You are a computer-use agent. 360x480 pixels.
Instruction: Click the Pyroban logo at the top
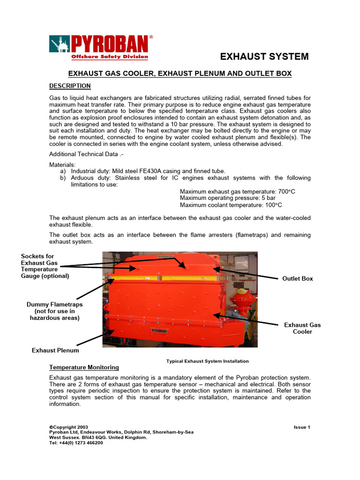(x=101, y=47)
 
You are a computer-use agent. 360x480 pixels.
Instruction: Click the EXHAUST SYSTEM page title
(x=264, y=57)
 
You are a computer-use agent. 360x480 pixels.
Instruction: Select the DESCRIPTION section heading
(x=70, y=86)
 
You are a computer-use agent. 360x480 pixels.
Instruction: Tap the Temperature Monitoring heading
(x=84, y=367)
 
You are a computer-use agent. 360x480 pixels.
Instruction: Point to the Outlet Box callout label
(x=297, y=278)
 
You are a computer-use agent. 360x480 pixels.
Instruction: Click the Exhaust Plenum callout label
(x=55, y=350)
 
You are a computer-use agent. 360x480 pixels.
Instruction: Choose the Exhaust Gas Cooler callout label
(x=302, y=328)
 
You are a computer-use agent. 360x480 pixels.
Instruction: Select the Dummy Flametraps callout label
(x=54, y=311)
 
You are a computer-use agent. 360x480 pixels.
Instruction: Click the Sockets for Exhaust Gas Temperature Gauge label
(x=45, y=266)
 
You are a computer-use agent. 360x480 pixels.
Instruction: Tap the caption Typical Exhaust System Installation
(x=207, y=361)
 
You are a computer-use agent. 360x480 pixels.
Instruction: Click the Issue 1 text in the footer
(x=302, y=427)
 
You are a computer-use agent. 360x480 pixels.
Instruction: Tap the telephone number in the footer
(x=76, y=442)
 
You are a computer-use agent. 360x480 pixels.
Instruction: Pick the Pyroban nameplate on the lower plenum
(x=159, y=330)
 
